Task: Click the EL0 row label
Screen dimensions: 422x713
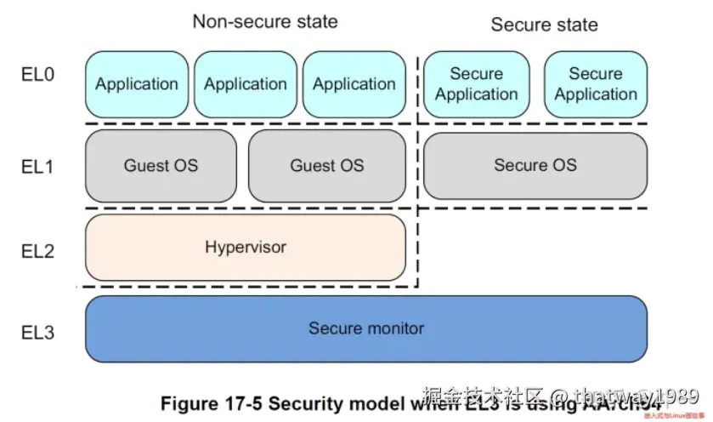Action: [x=37, y=75]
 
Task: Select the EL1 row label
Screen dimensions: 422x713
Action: [x=37, y=166]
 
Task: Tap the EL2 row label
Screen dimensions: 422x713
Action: [x=37, y=251]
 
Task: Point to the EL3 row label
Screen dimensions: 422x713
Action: [x=37, y=331]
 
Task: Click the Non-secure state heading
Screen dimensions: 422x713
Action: [x=264, y=21]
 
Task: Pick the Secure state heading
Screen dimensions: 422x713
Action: [x=544, y=25]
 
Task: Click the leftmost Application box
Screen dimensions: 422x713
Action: [x=137, y=84]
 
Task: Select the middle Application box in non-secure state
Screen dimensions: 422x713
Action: [x=246, y=84]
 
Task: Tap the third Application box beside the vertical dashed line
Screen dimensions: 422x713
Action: [x=354, y=84]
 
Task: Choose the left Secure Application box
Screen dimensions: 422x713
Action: [x=476, y=84]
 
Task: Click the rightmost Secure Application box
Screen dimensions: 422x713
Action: [x=596, y=84]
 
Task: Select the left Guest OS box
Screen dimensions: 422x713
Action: [x=161, y=165]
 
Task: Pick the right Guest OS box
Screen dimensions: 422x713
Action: [x=327, y=165]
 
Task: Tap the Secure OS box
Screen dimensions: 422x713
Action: [x=535, y=165]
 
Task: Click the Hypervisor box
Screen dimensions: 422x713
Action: [x=246, y=248]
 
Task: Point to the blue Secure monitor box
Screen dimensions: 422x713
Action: [x=366, y=328]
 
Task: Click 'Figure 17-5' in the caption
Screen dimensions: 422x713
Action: [x=212, y=402]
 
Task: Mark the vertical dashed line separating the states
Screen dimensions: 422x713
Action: [x=418, y=170]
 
